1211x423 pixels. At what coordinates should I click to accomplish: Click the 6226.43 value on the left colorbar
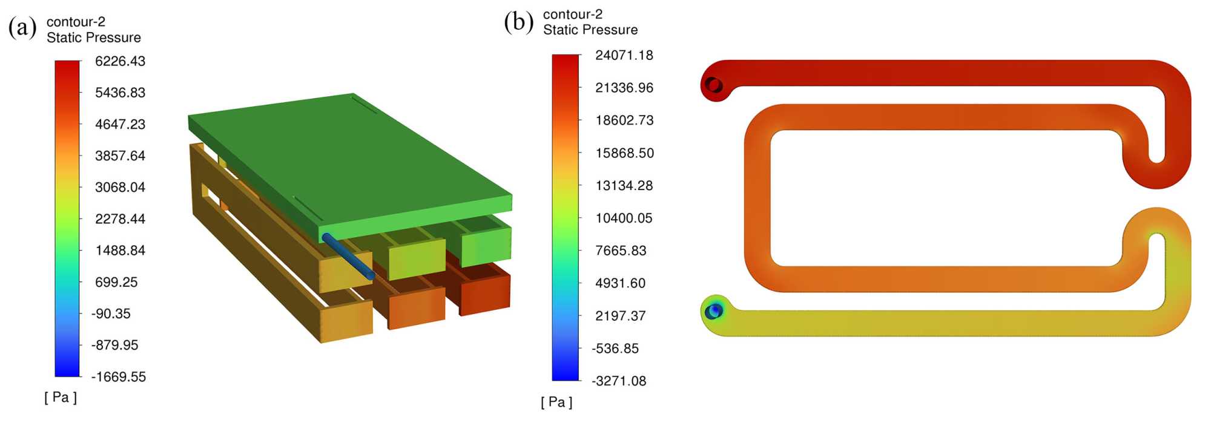click(x=120, y=61)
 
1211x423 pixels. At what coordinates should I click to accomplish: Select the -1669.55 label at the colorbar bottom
click(x=119, y=376)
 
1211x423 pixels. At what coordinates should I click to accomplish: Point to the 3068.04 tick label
click(x=120, y=187)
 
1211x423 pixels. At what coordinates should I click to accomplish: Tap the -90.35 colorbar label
click(x=111, y=313)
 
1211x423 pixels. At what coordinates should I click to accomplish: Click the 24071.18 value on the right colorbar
click(x=624, y=55)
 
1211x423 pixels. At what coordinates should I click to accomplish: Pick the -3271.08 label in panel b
click(x=619, y=381)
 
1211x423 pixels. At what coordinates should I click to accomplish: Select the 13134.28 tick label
click(x=624, y=185)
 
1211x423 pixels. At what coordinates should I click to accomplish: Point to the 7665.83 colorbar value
click(x=621, y=251)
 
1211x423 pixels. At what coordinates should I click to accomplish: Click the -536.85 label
click(x=615, y=348)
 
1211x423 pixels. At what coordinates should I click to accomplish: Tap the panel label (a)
click(x=22, y=27)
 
